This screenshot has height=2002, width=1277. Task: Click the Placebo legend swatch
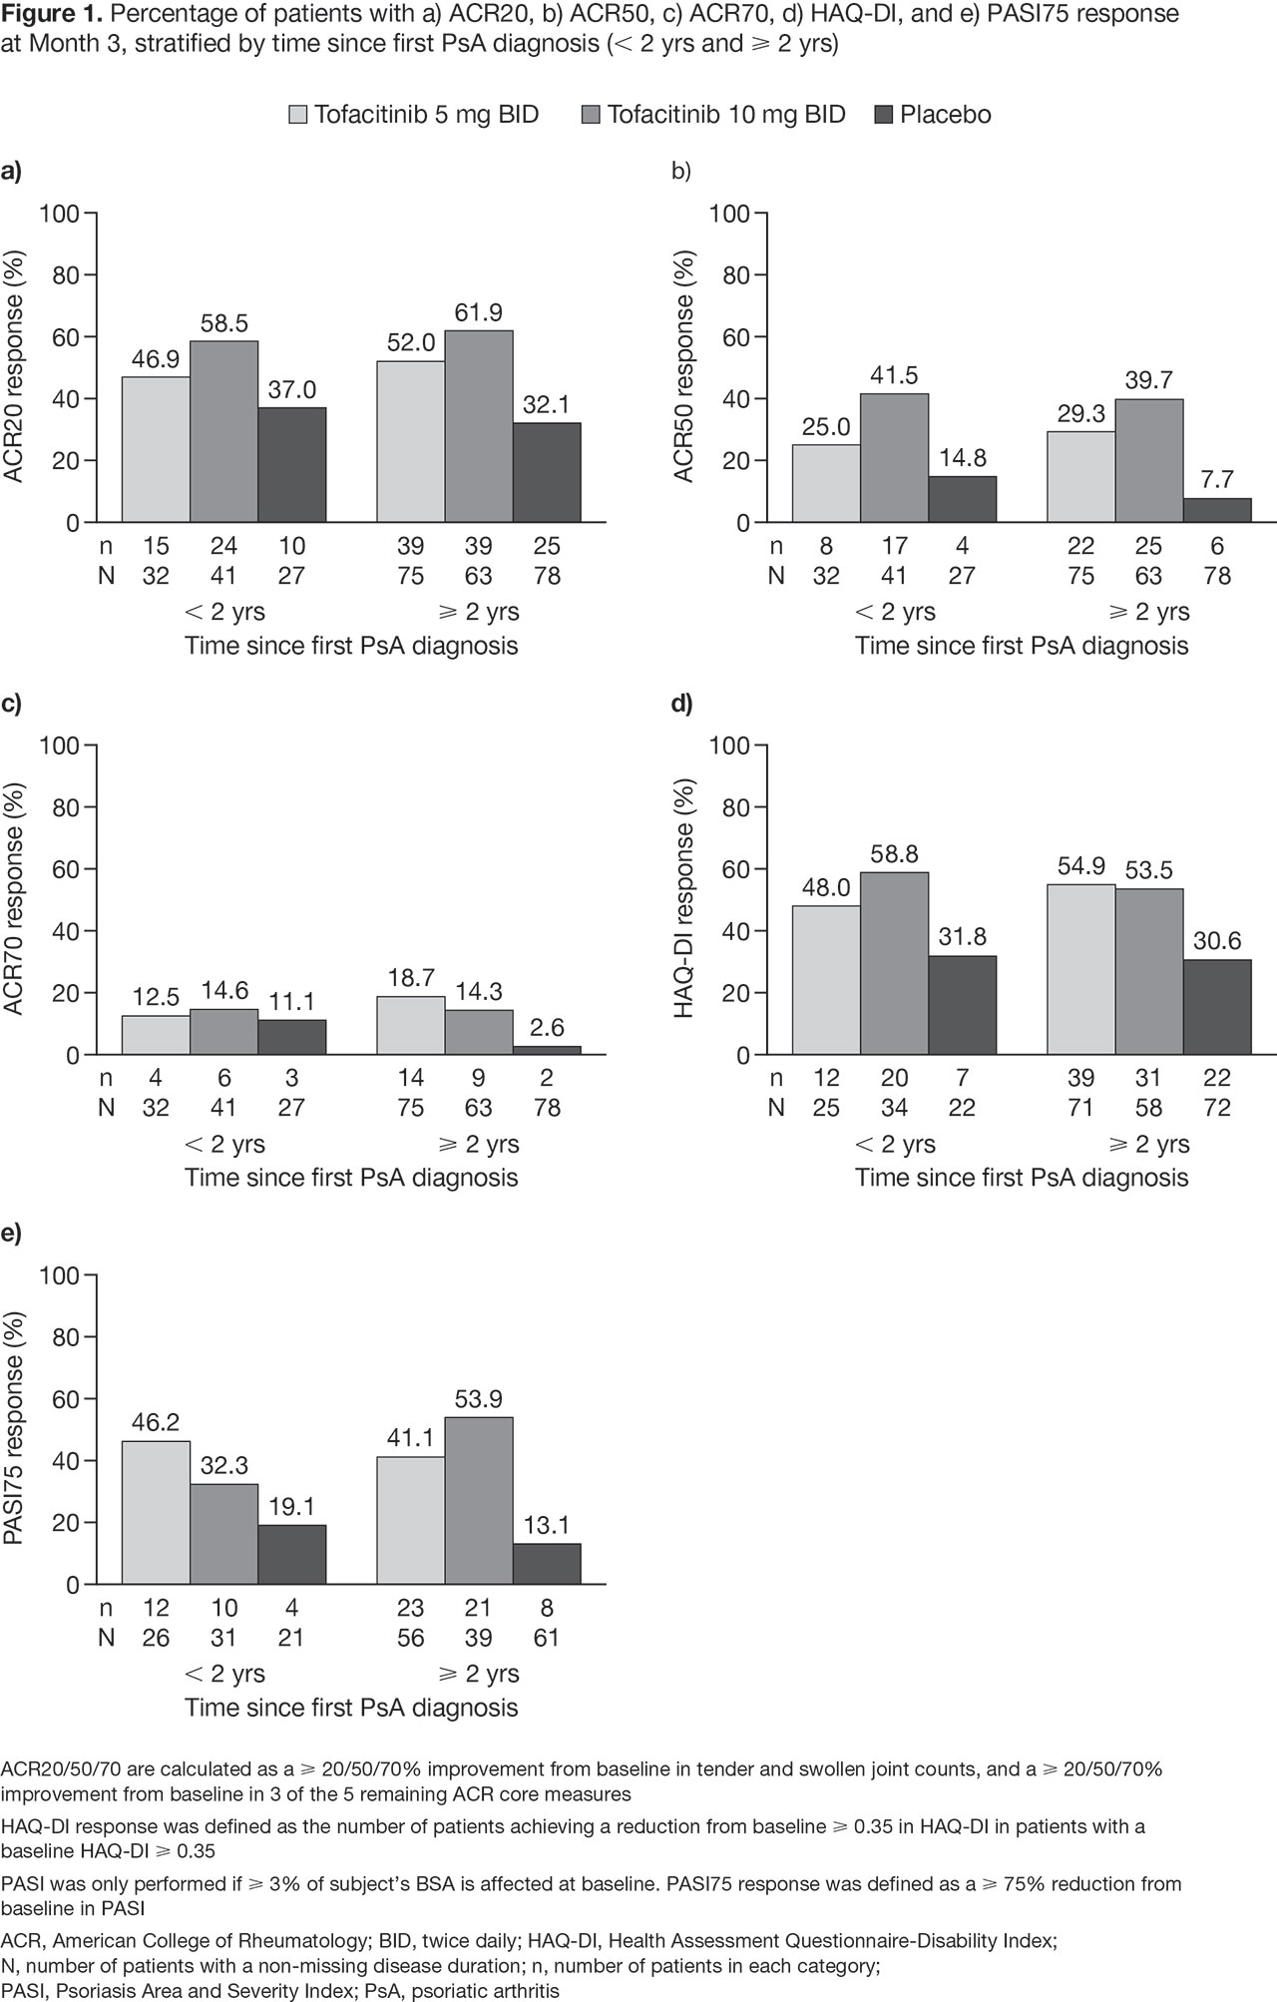(x=883, y=115)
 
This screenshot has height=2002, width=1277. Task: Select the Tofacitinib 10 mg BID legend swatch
(x=591, y=115)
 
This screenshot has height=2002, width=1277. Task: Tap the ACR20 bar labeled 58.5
(x=223, y=431)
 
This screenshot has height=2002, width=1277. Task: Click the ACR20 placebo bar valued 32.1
(x=547, y=472)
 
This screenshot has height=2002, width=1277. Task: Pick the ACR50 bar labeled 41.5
(x=894, y=457)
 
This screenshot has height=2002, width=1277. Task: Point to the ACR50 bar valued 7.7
(x=1217, y=510)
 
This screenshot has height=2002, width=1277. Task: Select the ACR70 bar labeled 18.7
(x=411, y=1025)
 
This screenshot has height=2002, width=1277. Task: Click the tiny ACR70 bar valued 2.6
(x=547, y=1050)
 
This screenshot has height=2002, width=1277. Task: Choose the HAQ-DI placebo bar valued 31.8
(x=962, y=1005)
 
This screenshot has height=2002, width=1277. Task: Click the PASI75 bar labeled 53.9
(x=479, y=1500)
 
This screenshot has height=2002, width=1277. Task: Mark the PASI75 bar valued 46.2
(x=156, y=1512)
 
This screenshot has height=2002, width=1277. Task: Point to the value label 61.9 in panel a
(x=479, y=312)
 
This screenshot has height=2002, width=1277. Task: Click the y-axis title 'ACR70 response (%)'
(x=16, y=899)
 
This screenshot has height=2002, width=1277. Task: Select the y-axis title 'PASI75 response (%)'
(x=16, y=1429)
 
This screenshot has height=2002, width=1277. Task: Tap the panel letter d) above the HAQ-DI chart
(x=681, y=704)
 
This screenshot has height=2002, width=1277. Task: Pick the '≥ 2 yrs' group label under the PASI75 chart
(x=479, y=1673)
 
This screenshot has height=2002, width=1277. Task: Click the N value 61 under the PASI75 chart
(x=547, y=1638)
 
